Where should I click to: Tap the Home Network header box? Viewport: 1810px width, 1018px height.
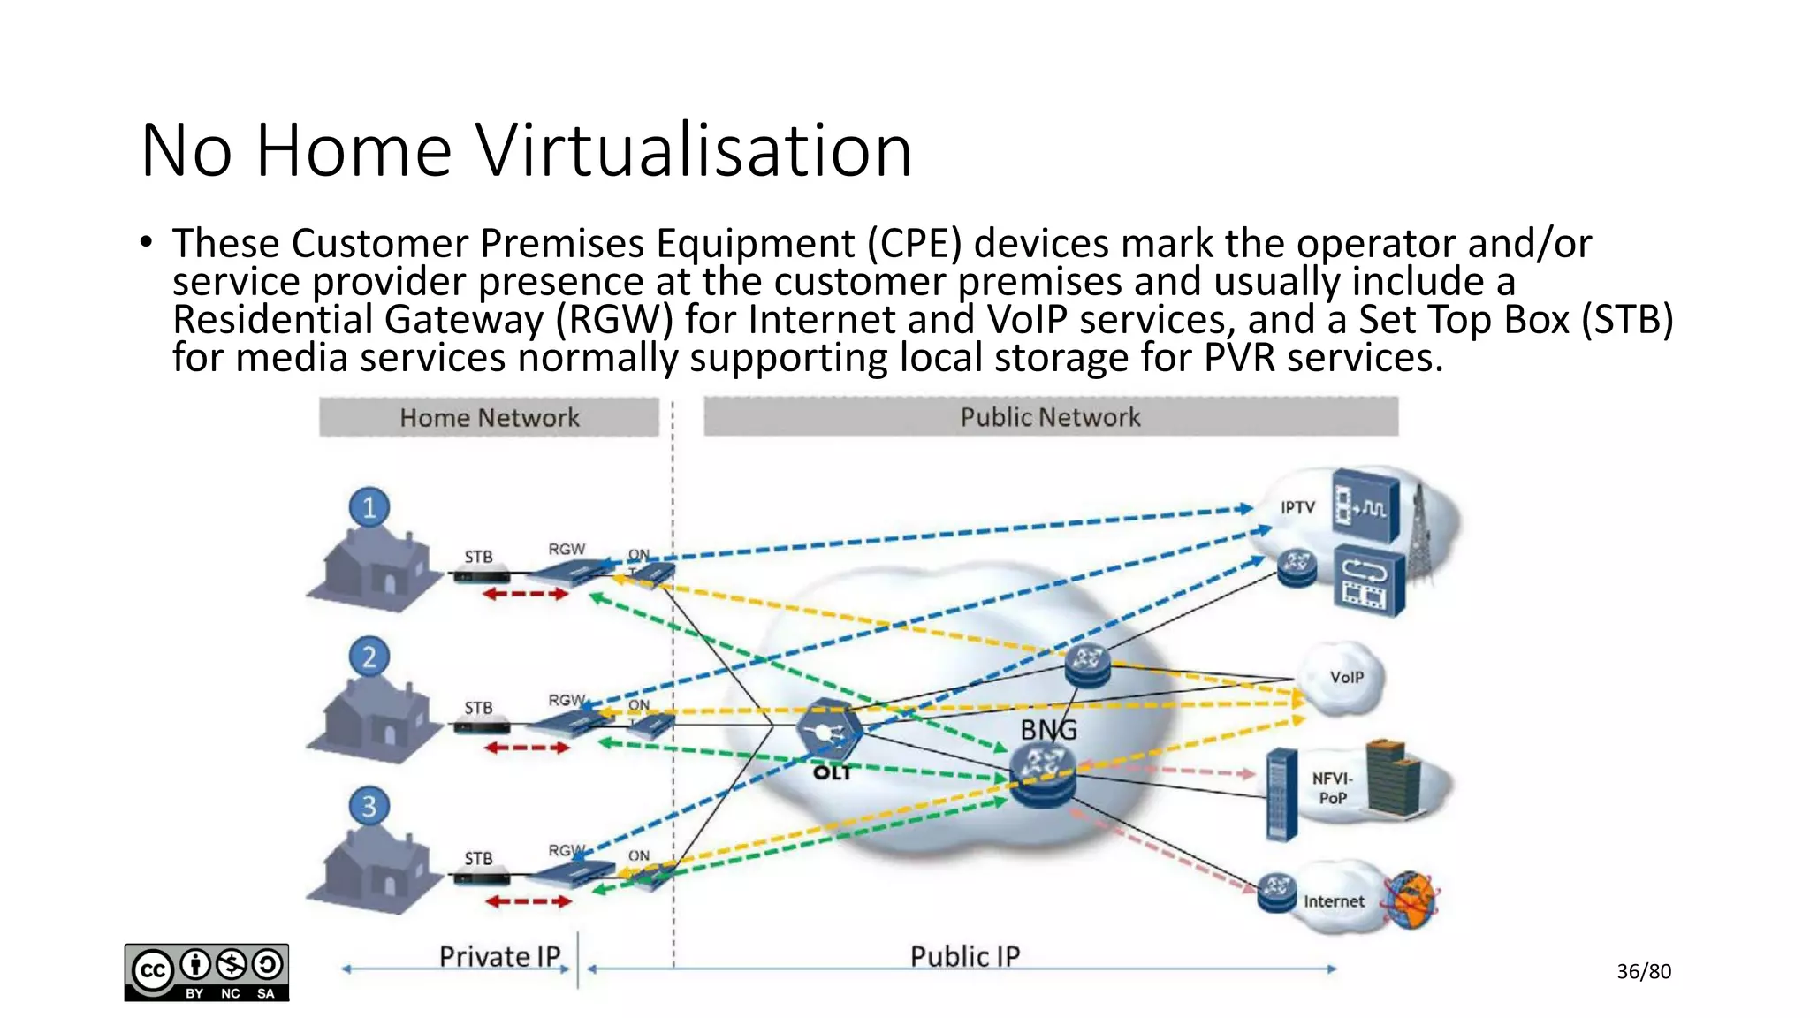tap(489, 417)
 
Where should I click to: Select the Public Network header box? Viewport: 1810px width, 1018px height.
tap(1050, 417)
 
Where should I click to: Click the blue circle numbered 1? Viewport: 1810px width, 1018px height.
tap(369, 507)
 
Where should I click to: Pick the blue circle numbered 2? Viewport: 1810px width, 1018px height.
tap(369, 657)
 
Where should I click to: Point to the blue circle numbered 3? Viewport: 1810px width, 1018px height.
tap(369, 806)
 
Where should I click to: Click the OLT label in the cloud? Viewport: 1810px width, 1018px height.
tap(832, 773)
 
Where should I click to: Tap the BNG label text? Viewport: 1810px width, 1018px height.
tap(1049, 730)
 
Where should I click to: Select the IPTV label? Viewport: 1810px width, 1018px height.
tap(1297, 507)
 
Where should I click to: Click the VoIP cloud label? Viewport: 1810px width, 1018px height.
tap(1346, 677)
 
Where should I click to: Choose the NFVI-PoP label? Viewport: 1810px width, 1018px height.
tap(1333, 788)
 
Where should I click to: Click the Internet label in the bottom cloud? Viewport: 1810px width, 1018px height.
tap(1334, 901)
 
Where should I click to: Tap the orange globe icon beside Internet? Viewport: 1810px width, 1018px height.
tap(1411, 900)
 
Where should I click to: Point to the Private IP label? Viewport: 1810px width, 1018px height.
tap(500, 956)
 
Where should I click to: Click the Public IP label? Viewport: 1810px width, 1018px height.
tap(965, 956)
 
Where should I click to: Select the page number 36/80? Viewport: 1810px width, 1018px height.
tap(1644, 971)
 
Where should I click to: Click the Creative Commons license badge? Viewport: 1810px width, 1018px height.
tap(207, 972)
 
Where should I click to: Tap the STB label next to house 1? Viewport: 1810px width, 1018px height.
tap(478, 557)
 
